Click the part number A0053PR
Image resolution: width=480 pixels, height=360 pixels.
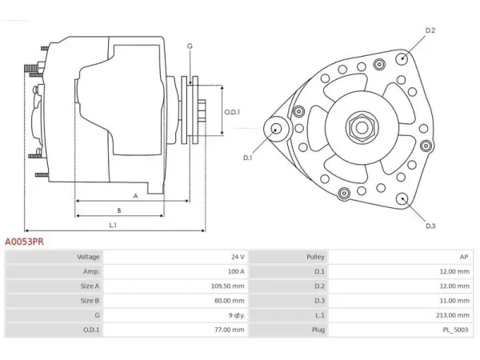24,242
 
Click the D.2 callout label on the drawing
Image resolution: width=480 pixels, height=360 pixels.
430,30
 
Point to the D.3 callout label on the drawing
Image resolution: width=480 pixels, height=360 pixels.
430,226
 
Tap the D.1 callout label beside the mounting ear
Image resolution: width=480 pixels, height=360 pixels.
247,158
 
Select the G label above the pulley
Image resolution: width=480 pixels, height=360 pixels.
190,46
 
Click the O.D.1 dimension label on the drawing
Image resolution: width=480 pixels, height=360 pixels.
232,112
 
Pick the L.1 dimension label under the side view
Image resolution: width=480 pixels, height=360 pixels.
113,225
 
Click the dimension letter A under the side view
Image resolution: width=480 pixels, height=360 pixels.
136,196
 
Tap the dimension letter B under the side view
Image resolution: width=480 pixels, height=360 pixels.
119,210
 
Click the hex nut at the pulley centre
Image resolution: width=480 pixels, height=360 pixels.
362,128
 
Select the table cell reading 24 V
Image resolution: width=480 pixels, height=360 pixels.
238,257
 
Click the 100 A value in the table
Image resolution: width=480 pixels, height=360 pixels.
236,271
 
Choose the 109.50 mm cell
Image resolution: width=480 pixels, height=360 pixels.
227,286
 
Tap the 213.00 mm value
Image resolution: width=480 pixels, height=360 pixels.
453,315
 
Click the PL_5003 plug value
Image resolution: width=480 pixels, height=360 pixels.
455,330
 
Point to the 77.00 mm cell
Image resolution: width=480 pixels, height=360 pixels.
230,330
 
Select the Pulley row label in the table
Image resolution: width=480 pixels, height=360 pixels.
315,257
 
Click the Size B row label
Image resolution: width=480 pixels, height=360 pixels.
90,301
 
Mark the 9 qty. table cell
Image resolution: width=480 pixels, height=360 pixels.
236,315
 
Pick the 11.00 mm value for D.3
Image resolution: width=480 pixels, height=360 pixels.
454,301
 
